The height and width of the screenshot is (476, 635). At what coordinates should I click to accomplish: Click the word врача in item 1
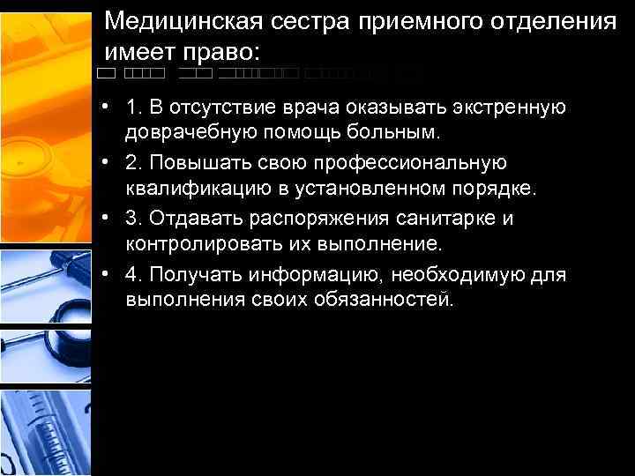[314, 108]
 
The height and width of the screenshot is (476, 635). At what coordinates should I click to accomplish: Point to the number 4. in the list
[133, 275]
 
